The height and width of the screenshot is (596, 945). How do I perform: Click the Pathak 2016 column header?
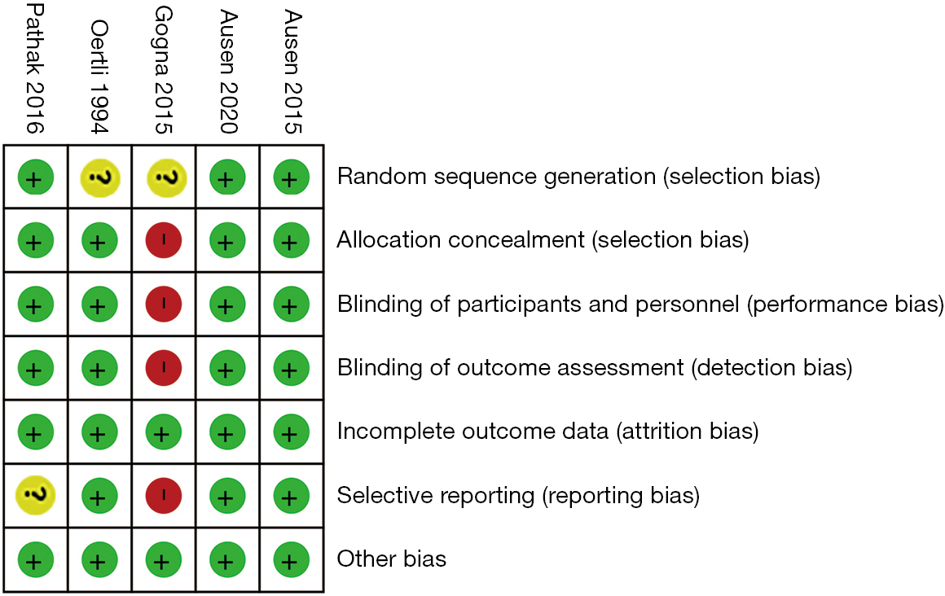(x=35, y=68)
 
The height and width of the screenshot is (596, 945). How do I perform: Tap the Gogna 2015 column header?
(x=163, y=70)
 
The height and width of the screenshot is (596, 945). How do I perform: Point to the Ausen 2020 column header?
(x=228, y=72)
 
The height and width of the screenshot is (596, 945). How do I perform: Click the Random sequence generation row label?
(x=578, y=177)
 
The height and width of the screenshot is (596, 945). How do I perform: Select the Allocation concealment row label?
(x=543, y=240)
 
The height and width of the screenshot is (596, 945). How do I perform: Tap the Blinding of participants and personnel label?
(x=640, y=305)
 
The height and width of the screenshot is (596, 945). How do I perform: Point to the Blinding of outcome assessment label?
(x=595, y=367)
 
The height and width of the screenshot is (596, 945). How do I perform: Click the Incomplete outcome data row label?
(x=547, y=432)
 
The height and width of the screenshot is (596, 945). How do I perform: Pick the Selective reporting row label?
(x=518, y=495)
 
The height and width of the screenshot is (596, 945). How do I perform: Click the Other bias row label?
(x=392, y=559)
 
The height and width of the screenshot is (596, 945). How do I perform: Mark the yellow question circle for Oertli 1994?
(x=100, y=177)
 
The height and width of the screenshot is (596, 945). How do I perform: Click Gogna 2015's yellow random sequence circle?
(x=166, y=177)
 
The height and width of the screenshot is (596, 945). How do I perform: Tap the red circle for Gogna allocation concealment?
(x=163, y=240)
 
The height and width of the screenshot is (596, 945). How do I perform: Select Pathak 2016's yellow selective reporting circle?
(x=36, y=495)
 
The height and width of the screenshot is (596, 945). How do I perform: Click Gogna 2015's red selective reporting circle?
(x=163, y=495)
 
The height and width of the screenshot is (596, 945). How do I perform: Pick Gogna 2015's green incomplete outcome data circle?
(x=163, y=432)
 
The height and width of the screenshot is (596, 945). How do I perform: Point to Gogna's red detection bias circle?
(x=163, y=367)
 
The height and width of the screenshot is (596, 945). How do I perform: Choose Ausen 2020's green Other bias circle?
(x=227, y=560)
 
